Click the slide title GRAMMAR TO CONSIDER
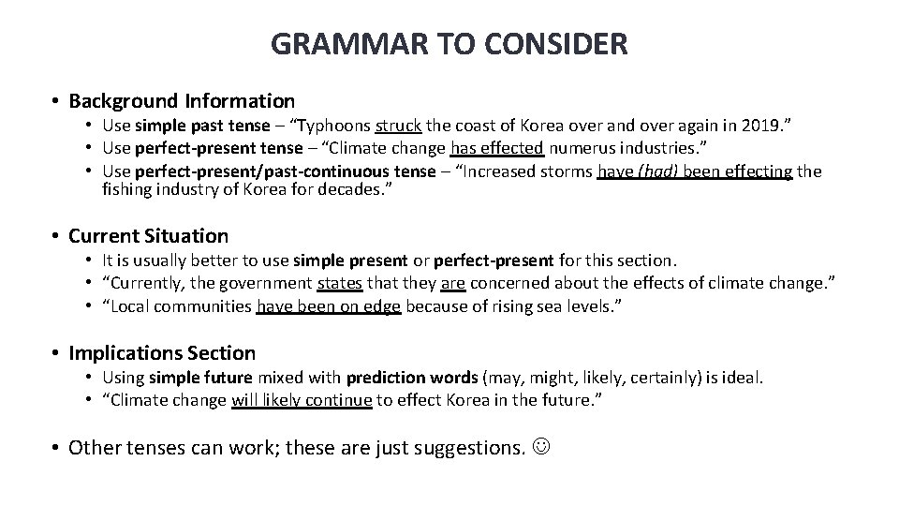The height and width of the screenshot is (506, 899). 449,43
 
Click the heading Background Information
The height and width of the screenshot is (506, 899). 182,100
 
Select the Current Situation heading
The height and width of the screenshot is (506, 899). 148,236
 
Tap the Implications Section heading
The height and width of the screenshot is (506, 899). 162,353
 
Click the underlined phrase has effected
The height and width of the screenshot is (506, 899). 497,148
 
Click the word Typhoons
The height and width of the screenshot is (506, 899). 332,126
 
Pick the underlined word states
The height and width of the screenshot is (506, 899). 340,283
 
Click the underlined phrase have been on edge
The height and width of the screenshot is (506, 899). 328,305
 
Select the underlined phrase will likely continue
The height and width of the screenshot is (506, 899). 302,400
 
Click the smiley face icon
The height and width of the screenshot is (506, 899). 541,448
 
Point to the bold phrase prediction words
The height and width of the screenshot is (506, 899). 412,378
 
